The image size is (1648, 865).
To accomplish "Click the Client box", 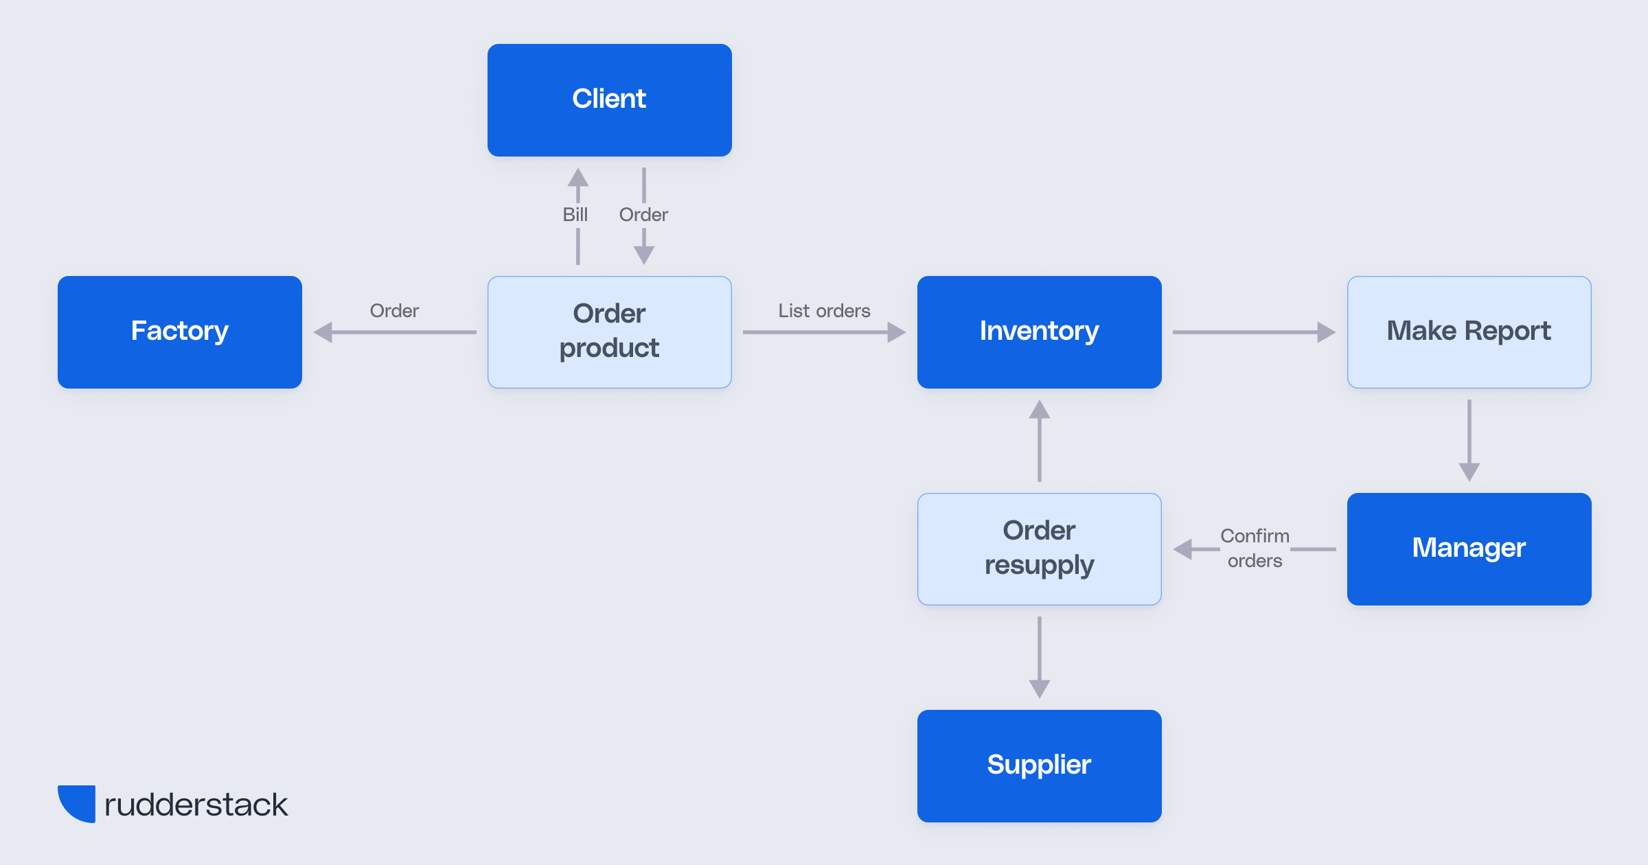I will point(609,100).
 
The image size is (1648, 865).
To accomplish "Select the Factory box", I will point(180,332).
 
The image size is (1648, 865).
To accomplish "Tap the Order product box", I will point(609,332).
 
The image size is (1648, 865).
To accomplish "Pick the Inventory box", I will point(1039,332).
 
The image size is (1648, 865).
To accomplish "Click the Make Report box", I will point(1469,332).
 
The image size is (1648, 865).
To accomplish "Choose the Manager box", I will point(1469,549).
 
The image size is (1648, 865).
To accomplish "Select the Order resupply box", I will point(1039,549).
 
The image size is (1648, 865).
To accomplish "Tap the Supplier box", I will point(1039,765).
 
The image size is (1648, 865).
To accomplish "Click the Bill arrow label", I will point(575,215).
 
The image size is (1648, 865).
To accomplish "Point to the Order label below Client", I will point(643,215).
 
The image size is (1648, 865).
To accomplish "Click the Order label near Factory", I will point(394,311).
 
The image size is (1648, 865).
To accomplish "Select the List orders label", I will point(824,311).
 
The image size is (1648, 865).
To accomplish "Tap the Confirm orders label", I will point(1255,548).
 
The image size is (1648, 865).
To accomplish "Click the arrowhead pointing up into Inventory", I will point(1039,410).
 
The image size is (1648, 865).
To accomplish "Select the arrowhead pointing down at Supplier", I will point(1039,689).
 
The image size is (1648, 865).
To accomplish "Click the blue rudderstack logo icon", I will point(78,803).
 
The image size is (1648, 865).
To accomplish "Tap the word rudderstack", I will point(196,805).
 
